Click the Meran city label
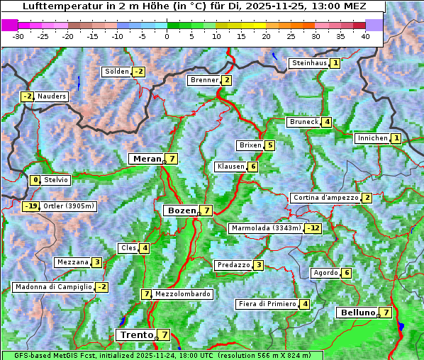[x=147, y=159]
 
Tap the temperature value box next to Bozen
[x=206, y=210]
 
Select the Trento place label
[x=137, y=334]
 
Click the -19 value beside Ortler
[x=30, y=206]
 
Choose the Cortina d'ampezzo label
[x=325, y=198]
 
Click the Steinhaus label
[x=309, y=63]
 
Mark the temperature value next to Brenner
[x=226, y=80]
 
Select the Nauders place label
[x=52, y=96]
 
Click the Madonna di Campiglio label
[x=53, y=287]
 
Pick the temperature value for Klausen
[x=252, y=167]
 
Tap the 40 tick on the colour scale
[x=365, y=35]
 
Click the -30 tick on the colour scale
[x=18, y=35]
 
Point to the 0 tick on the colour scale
[x=167, y=35]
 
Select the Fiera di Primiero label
[x=267, y=304]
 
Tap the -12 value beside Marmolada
[x=313, y=228]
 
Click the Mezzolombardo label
[x=182, y=294]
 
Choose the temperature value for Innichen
[x=396, y=138]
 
